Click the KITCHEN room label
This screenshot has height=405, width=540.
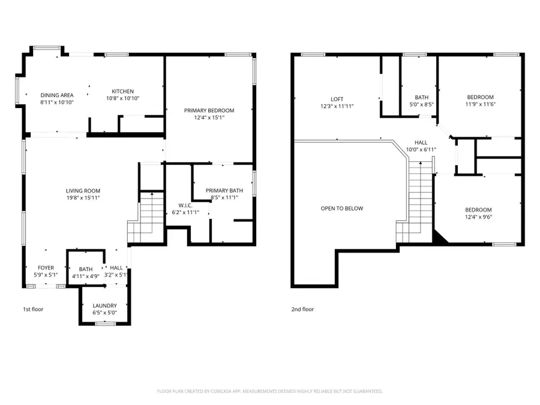tap(122, 91)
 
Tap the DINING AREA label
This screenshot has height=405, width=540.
tap(57, 95)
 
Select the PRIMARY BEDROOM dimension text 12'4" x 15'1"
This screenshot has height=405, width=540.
tap(209, 118)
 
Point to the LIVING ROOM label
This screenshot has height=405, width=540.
tap(83, 191)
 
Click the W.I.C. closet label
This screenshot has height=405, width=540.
tap(185, 205)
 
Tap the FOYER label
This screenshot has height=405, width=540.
tap(46, 268)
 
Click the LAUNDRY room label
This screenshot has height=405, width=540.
tap(105, 305)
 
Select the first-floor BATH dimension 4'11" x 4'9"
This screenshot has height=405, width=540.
tap(86, 277)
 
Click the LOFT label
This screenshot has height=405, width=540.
tap(337, 99)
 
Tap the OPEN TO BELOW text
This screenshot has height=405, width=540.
tap(341, 208)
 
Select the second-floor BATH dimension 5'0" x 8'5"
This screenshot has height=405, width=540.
tap(421, 104)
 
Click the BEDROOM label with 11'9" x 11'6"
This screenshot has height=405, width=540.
tap(481, 97)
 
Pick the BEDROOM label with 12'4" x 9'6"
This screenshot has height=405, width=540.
tap(479, 209)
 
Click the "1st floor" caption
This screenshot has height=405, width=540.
tap(33, 309)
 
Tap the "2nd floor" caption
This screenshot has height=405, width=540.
tap(303, 309)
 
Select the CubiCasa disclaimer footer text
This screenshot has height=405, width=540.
tap(270, 391)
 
